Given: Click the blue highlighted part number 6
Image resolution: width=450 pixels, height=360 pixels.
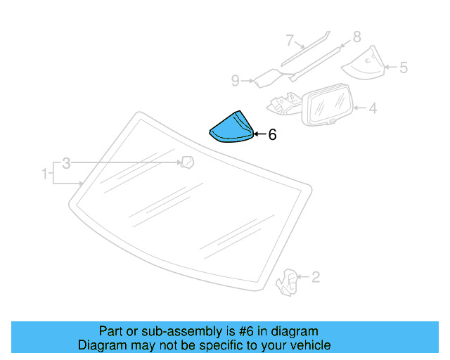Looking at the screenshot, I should (231, 127).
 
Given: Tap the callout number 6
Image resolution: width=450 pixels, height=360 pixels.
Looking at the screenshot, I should (272, 134).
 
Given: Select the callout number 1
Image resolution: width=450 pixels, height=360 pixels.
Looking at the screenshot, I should (45, 172).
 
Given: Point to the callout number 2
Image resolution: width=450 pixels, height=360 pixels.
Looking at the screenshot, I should (316, 277).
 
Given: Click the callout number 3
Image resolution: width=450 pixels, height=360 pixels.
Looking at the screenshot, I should (66, 163).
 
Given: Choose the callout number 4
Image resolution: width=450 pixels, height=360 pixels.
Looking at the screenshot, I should (373, 108).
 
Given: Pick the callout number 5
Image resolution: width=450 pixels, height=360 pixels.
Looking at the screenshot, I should (403, 68).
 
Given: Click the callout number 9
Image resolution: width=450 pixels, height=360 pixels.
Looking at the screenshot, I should (236, 81).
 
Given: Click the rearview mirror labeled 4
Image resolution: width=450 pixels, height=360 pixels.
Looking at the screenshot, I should (327, 104).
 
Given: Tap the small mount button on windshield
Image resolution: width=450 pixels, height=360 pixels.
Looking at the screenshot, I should (188, 163).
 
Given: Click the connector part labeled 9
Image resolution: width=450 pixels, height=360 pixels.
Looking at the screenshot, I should (267, 77).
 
